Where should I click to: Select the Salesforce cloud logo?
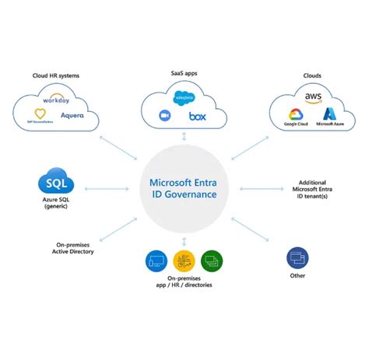pyautogui.click(x=184, y=98)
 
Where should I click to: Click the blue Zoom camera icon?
pyautogui.click(x=165, y=116)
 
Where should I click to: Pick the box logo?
pyautogui.click(x=199, y=116)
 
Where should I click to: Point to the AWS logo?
pyautogui.click(x=314, y=98)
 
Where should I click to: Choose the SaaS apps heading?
pyautogui.click(x=184, y=72)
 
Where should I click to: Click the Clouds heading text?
pyautogui.click(x=313, y=75)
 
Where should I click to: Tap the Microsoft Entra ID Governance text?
pyautogui.click(x=184, y=188)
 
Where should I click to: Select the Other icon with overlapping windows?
pyautogui.click(x=297, y=257)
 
